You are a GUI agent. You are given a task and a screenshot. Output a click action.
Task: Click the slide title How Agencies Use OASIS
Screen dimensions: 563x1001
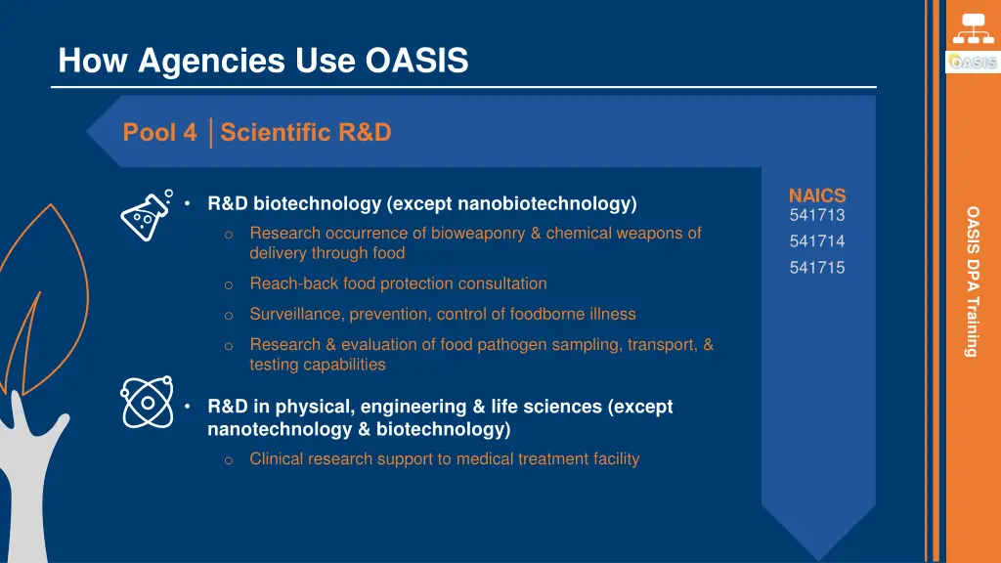[x=263, y=62]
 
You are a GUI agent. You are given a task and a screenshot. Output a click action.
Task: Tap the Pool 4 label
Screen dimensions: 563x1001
[x=159, y=132]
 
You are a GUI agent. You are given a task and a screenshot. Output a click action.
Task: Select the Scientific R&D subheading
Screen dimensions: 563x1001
[x=306, y=132]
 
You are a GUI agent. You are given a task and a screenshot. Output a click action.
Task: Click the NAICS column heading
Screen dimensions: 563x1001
[x=816, y=195]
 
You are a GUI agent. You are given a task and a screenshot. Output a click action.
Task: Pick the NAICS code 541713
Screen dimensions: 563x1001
[x=816, y=215]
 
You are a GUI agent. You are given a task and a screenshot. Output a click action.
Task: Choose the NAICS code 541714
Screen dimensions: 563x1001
[x=816, y=241]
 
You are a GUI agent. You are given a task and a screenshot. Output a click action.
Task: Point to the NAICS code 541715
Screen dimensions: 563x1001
[x=816, y=268]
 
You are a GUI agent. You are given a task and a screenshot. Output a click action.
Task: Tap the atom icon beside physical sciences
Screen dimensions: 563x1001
[x=147, y=401]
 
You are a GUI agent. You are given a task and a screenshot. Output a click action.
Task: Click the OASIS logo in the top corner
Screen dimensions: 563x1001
[x=972, y=62]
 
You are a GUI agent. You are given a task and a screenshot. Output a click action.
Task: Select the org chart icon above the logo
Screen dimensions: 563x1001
[x=973, y=27]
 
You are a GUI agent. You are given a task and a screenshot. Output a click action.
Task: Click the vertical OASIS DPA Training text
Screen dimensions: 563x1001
[x=972, y=281]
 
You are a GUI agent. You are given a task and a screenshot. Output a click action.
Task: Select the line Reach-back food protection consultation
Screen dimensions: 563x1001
[x=398, y=283]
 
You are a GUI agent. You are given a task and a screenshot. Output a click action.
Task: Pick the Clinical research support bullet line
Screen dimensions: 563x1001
[x=444, y=458]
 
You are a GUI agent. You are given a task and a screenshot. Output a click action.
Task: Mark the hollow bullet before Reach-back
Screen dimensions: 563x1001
[x=227, y=284]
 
